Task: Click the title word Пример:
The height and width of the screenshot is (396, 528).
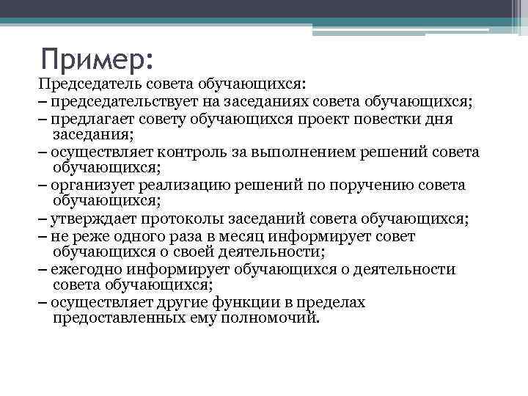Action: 97,57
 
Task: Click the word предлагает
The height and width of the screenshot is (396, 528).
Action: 90,119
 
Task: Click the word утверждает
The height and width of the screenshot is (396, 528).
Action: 92,219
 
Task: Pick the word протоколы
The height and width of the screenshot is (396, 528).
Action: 175,219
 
